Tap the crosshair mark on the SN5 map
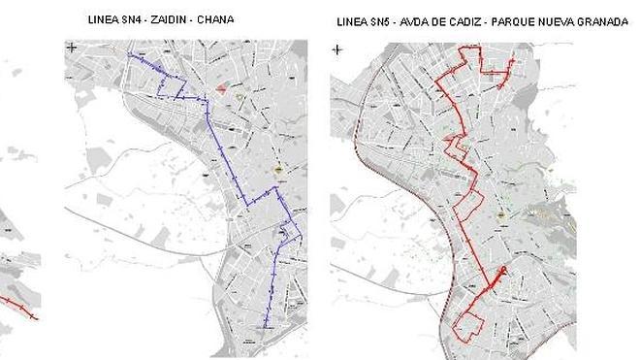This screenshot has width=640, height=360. [336, 49]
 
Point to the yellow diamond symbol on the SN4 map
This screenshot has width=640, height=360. [279, 170]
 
